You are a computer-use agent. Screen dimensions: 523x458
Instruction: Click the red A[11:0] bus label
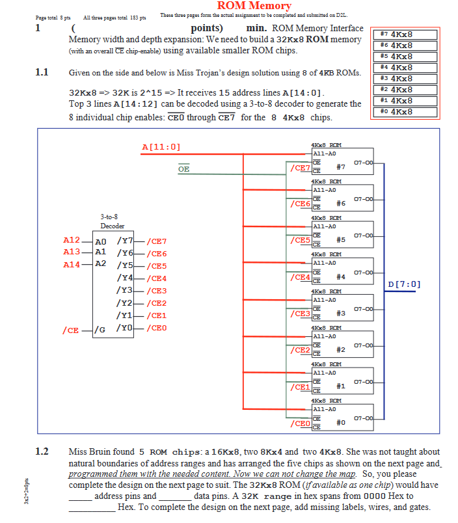tap(161, 147)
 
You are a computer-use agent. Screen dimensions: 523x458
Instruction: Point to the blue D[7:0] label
tap(404, 284)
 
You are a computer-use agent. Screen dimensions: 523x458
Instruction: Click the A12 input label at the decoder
tap(72, 241)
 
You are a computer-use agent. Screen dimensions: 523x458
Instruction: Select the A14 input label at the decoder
tap(72, 265)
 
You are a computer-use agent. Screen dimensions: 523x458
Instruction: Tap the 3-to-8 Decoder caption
tap(113, 221)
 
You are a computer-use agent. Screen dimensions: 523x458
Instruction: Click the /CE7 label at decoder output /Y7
tap(157, 241)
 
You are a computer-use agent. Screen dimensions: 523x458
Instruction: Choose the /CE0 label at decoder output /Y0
tap(157, 328)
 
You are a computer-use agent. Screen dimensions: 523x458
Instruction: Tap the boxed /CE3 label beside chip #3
tap(300, 314)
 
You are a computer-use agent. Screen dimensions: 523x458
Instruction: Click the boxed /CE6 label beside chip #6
tap(300, 204)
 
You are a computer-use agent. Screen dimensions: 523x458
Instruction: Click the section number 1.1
tap(42, 72)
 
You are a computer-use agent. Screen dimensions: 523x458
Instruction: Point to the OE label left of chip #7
tap(184, 168)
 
